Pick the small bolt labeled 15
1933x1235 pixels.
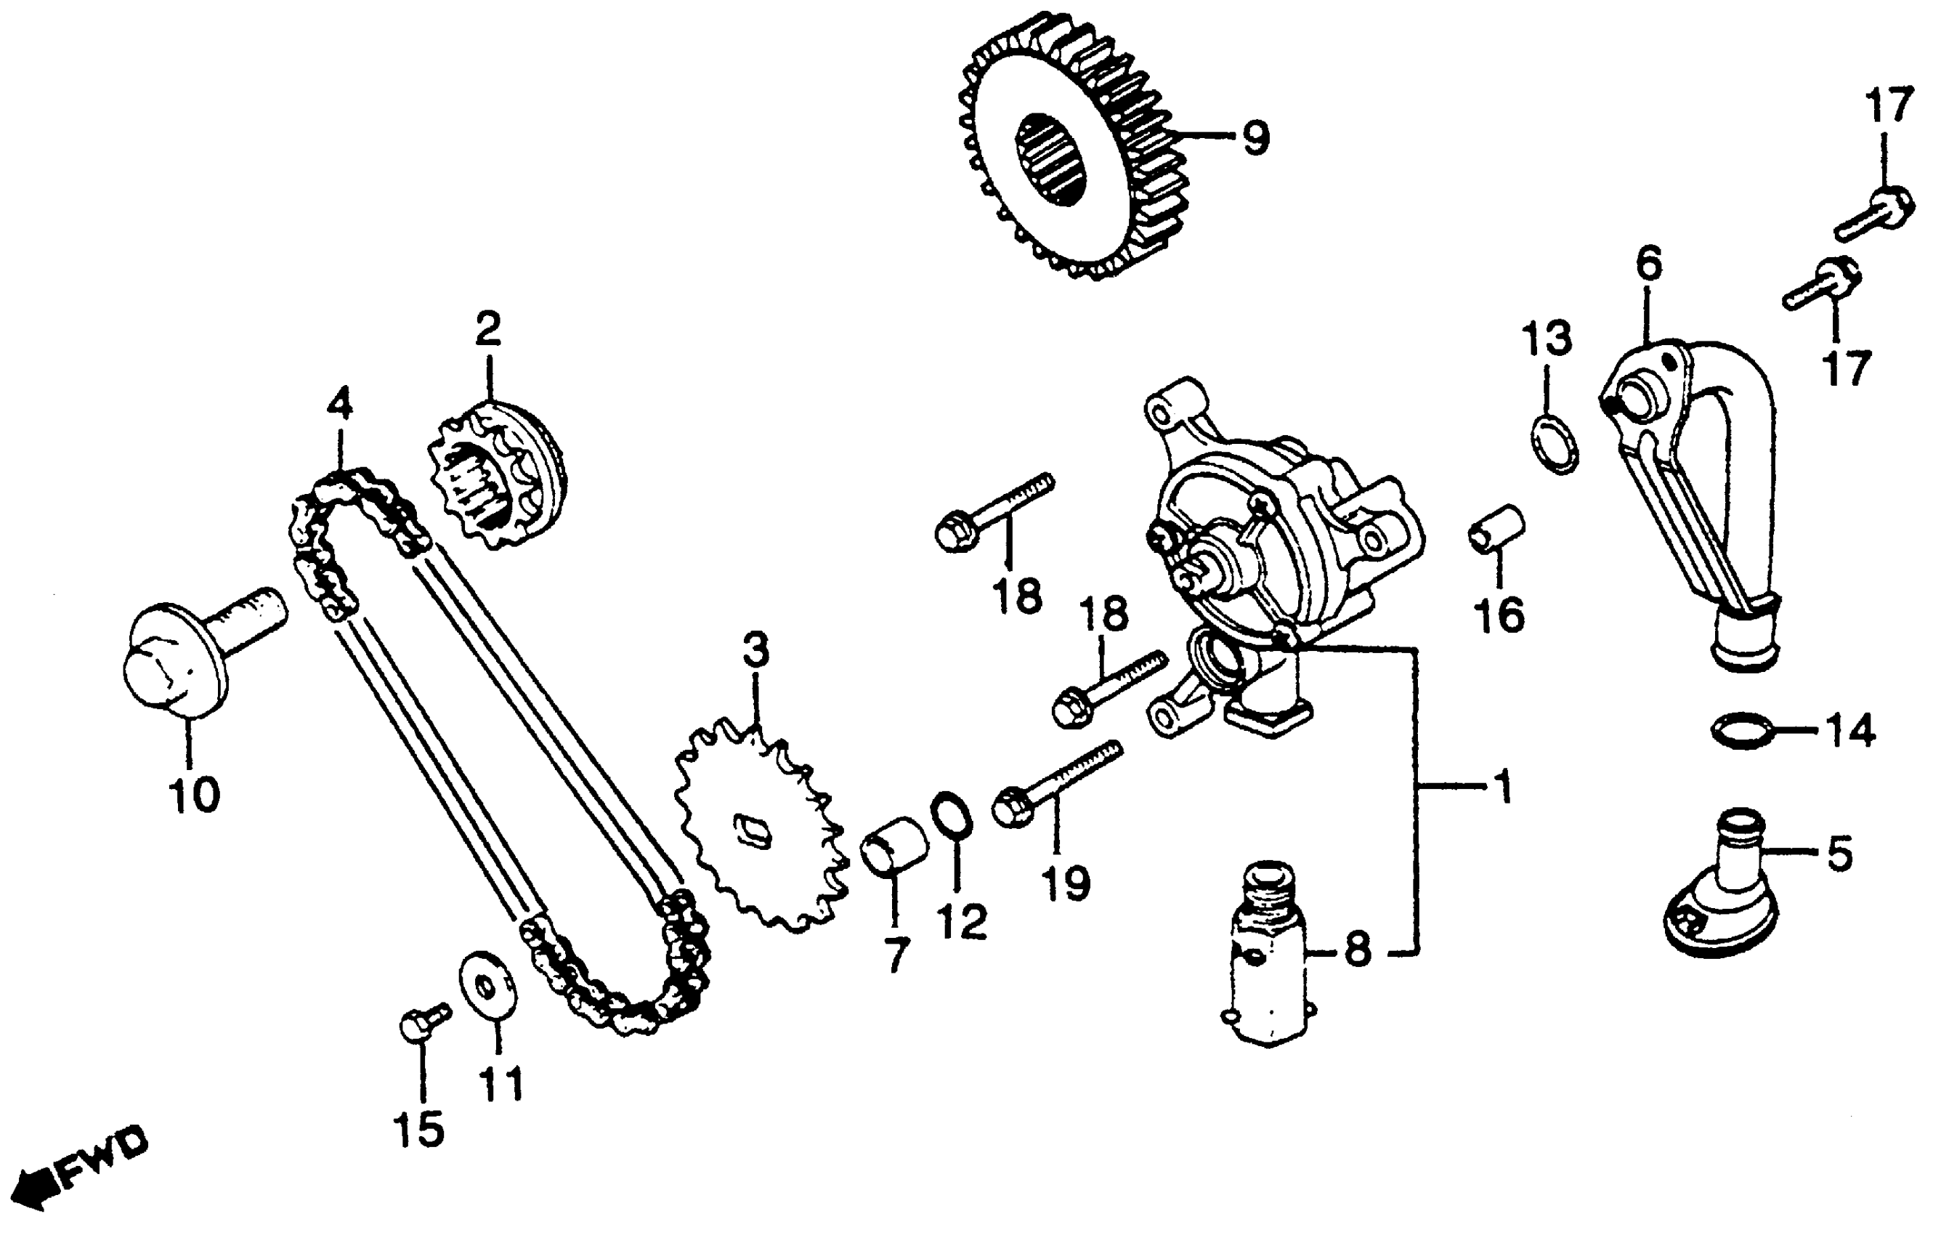[421, 1023]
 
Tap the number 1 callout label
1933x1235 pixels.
[1503, 788]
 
